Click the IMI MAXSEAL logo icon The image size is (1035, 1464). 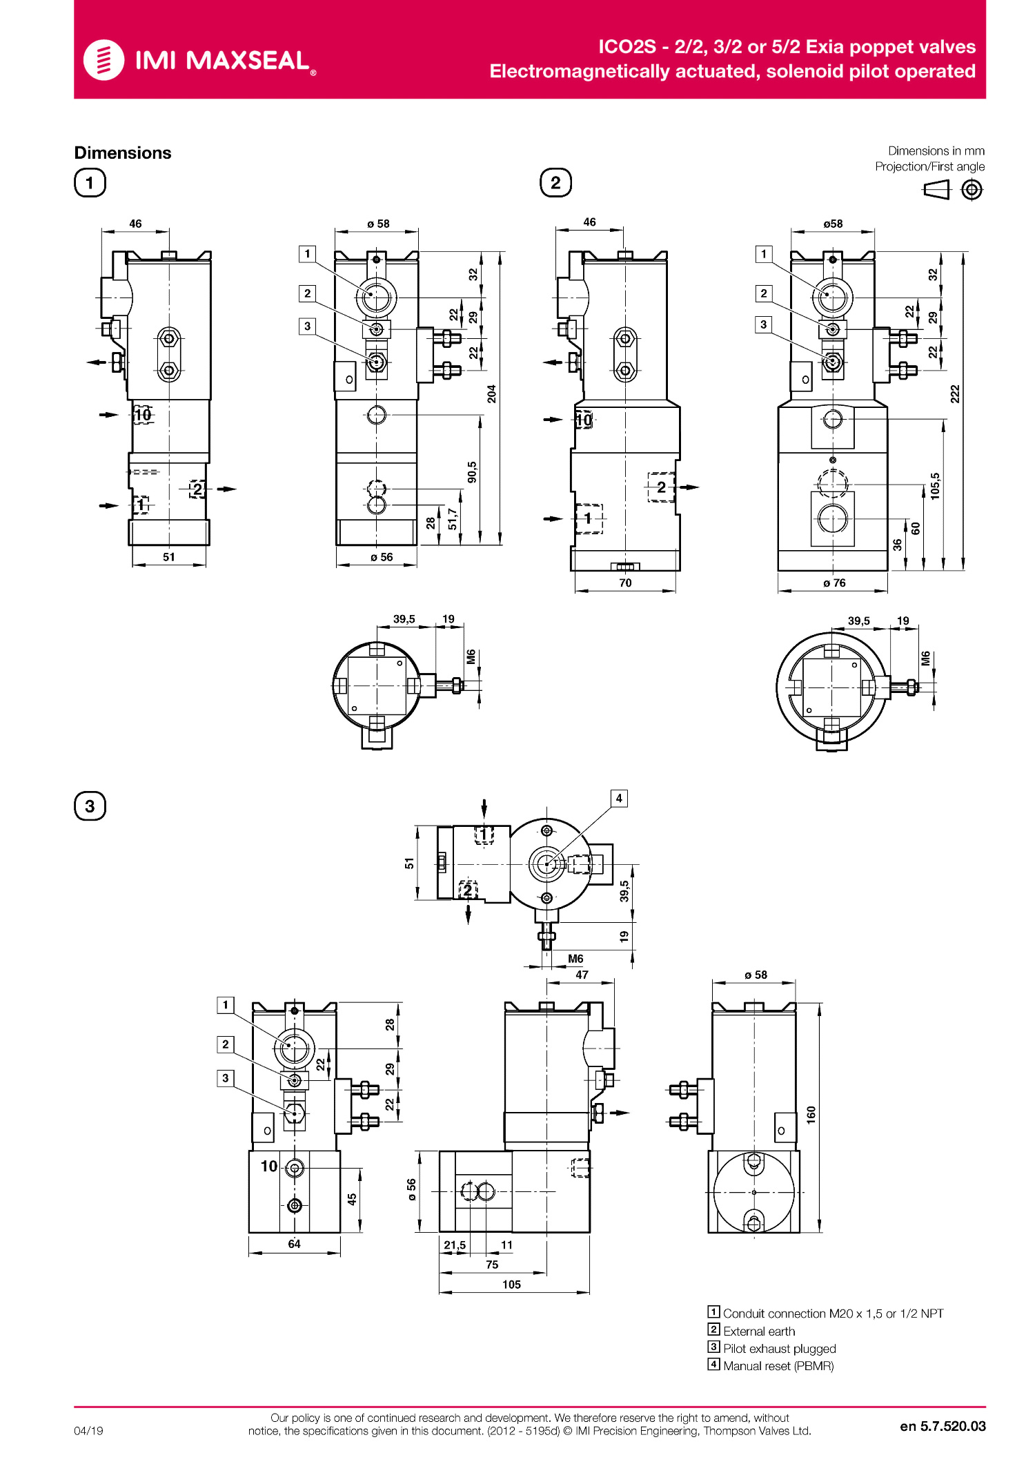click(x=103, y=60)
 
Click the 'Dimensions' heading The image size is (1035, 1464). click(x=123, y=153)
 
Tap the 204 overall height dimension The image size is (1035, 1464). click(x=491, y=394)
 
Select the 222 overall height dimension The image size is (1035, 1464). click(x=955, y=394)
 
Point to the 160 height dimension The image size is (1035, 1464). click(x=811, y=1115)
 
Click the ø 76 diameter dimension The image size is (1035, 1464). click(x=834, y=583)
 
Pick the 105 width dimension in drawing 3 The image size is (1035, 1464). click(x=511, y=1285)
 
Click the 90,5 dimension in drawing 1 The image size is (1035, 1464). click(x=472, y=472)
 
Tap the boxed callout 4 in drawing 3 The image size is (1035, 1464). click(x=619, y=799)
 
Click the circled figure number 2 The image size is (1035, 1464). click(x=555, y=183)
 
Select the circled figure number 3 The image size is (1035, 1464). click(x=90, y=806)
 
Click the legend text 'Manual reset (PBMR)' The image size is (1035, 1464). click(x=778, y=1366)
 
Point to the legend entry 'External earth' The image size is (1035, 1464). click(x=759, y=1331)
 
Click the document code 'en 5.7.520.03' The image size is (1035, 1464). click(x=943, y=1426)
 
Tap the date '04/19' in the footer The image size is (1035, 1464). click(x=88, y=1431)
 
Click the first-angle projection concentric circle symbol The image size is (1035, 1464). click(x=972, y=189)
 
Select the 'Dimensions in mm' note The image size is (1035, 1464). click(x=936, y=151)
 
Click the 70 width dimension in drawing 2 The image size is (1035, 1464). click(x=625, y=583)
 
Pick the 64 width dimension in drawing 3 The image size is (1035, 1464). click(x=294, y=1244)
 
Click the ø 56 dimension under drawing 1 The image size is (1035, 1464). click(x=382, y=557)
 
